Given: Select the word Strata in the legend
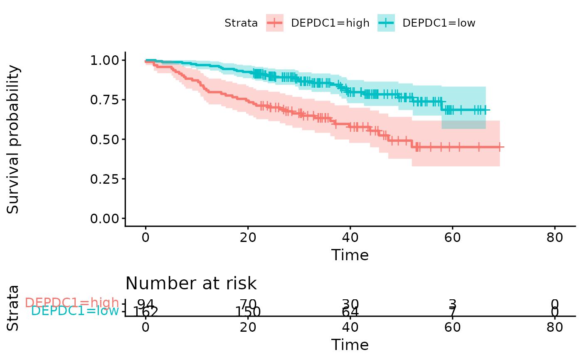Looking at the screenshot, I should coord(241,23).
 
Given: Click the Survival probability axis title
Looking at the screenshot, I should coord(13,139).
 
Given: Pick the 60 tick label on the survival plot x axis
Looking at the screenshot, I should coord(452,238).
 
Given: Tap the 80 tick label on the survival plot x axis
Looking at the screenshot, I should coord(555,238).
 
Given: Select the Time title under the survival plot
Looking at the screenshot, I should coord(350,255).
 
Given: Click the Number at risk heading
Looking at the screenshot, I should coord(191,284).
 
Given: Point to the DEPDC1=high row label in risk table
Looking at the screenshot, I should coord(72,303).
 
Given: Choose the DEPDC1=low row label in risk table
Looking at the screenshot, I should coord(75,311).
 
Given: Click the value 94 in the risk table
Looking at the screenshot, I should coord(145,303).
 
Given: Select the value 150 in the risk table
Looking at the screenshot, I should coord(248,311).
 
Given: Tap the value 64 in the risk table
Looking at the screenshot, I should coord(350,311).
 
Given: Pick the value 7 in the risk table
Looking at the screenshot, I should coord(452,311).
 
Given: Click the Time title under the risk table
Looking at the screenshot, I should coord(350,345).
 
